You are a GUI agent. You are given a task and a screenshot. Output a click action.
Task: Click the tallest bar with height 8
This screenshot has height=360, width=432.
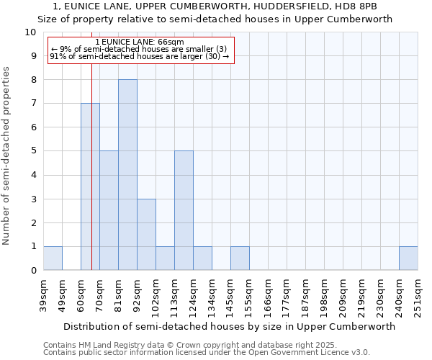[x=127, y=175]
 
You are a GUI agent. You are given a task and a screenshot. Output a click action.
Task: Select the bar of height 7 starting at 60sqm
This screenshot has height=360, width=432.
[x=90, y=186]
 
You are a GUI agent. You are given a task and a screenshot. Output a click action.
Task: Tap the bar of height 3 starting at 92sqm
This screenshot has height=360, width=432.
[x=146, y=235]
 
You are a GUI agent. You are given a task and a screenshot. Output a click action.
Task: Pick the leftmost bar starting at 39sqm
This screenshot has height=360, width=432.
[x=53, y=258]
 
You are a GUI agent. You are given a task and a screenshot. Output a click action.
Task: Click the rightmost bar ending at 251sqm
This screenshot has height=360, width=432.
[x=408, y=258]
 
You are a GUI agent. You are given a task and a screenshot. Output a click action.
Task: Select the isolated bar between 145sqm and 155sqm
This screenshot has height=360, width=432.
[x=240, y=258]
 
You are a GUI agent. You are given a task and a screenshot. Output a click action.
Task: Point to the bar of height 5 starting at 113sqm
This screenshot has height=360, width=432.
[x=184, y=210]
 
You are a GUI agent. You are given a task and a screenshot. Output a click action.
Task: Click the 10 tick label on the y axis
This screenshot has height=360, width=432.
[x=30, y=32]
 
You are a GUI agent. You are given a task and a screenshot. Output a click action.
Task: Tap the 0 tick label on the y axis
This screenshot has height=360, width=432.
[x=33, y=271]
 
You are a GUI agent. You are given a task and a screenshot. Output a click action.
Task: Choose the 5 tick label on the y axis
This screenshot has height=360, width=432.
[x=33, y=151]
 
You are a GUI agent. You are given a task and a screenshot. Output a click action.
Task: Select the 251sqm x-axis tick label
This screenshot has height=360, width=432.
[x=418, y=295]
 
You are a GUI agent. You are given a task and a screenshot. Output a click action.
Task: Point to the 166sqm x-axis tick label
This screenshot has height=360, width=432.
[x=269, y=295]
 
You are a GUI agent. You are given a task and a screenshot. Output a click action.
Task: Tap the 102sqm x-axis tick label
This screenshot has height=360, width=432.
[x=156, y=295]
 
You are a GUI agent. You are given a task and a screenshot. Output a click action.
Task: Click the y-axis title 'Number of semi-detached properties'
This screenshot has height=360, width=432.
[x=6, y=156]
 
